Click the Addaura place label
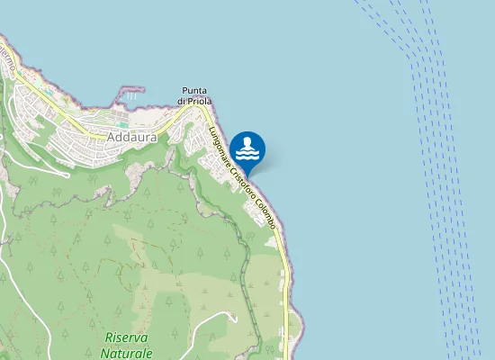tap(131, 138)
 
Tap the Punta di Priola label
tap(195, 96)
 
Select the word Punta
tap(195, 91)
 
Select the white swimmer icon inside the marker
tap(247, 147)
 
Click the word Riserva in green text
tap(126, 337)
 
